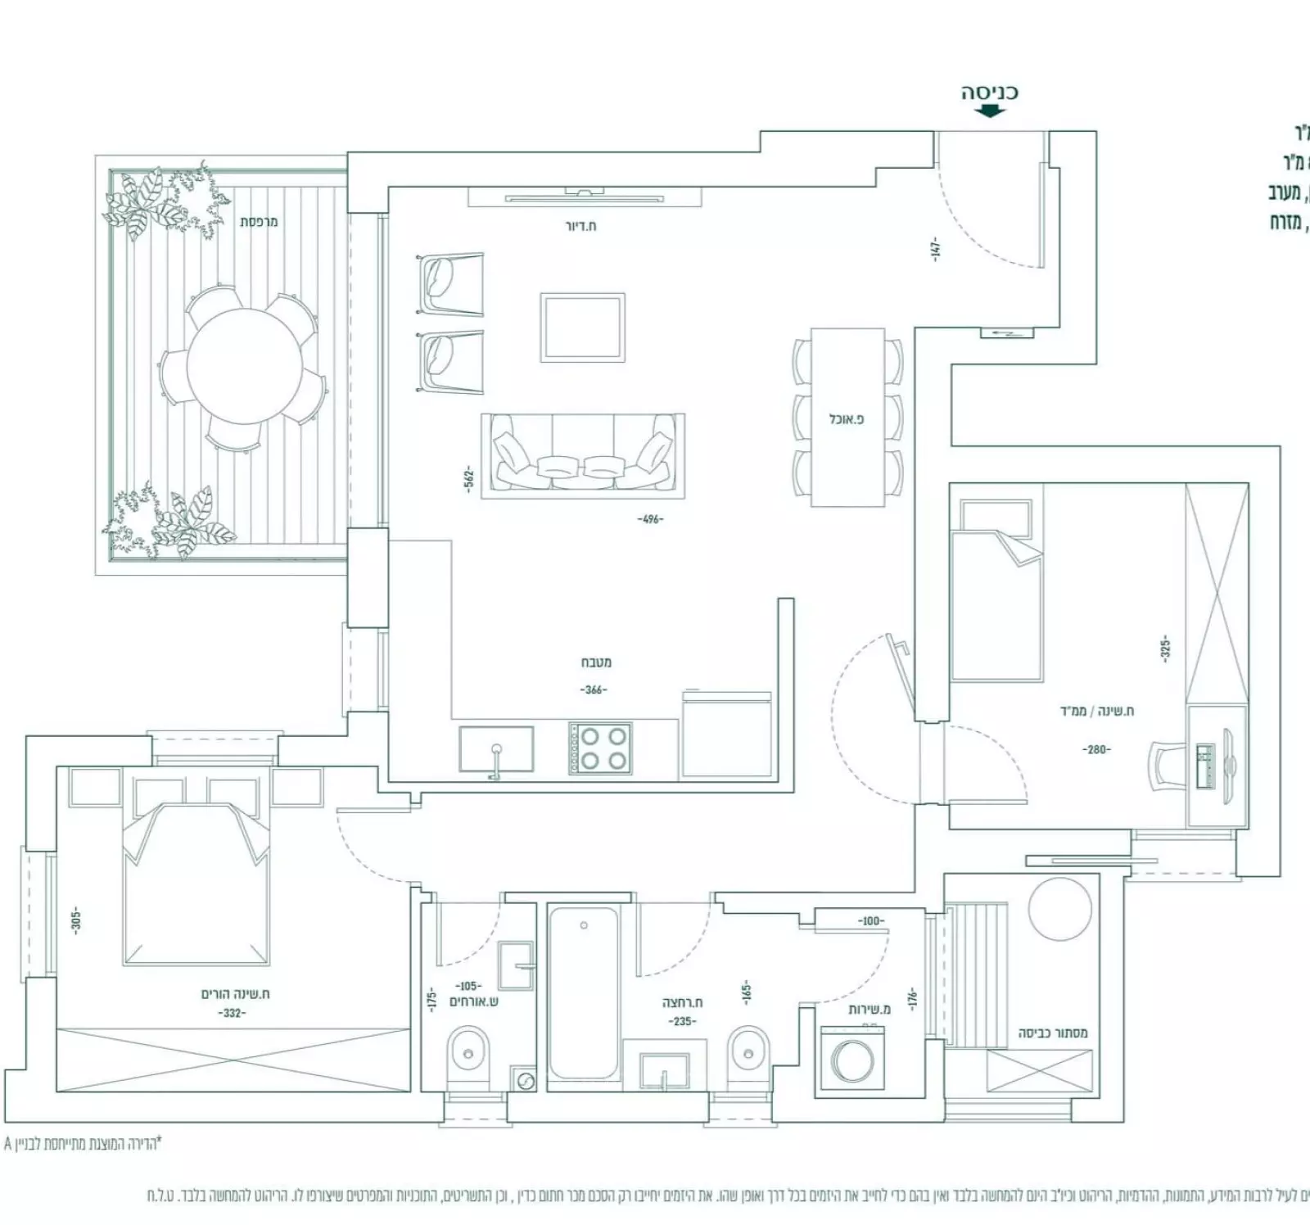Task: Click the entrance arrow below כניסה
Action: click(x=989, y=111)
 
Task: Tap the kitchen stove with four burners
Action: click(x=601, y=748)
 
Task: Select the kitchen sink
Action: click(x=496, y=749)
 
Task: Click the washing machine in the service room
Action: click(x=852, y=1061)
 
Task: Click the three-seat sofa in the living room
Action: click(x=582, y=456)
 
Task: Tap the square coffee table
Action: click(x=582, y=328)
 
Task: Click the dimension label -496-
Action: click(x=649, y=519)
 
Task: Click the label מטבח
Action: click(x=596, y=662)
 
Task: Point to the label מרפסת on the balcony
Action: click(x=259, y=222)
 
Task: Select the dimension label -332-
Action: click(x=233, y=1013)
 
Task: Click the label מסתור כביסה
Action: click(x=1053, y=1033)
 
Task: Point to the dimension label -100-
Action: click(x=870, y=921)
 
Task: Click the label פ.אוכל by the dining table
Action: click(x=847, y=419)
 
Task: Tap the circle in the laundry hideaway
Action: click(x=1059, y=910)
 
